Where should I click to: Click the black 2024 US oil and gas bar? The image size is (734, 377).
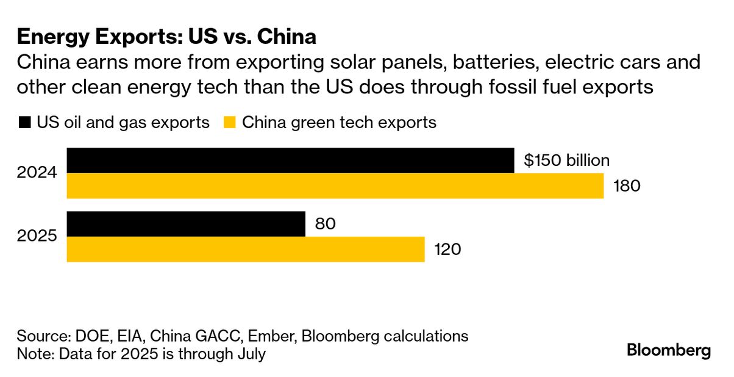(290, 160)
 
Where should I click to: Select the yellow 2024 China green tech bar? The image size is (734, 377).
(335, 186)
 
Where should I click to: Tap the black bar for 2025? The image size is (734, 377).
(185, 224)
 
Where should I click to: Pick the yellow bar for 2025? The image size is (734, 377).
(245, 250)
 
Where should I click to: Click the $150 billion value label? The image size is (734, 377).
(566, 160)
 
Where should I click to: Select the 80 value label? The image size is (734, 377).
(326, 224)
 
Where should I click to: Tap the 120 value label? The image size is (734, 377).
(447, 250)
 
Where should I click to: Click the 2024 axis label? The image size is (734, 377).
(38, 173)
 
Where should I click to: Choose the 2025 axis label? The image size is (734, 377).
(38, 237)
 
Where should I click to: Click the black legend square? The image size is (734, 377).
(24, 123)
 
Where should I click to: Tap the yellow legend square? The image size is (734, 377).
(229, 123)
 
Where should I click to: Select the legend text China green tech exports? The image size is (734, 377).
(340, 123)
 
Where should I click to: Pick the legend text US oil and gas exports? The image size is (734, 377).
(123, 123)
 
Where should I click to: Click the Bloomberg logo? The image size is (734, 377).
(669, 351)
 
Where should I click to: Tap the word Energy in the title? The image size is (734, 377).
(55, 38)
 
